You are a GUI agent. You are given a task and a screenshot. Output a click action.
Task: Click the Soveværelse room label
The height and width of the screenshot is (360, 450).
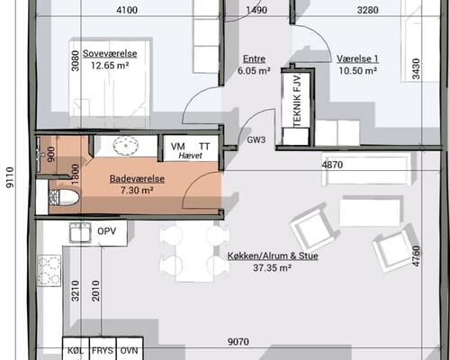click(110, 54)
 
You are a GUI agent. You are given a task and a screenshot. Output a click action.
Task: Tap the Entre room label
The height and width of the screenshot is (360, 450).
click(254, 58)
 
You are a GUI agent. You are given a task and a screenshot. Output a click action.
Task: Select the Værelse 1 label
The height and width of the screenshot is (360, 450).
click(357, 58)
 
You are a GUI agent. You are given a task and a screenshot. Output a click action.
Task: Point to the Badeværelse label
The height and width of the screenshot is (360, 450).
click(137, 179)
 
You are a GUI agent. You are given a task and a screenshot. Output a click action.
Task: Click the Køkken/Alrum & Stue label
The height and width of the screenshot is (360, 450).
click(273, 256)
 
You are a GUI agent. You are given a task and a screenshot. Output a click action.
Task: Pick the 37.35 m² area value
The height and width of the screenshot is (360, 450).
click(273, 267)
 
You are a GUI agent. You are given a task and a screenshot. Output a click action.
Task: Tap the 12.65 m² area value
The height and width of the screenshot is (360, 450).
click(110, 66)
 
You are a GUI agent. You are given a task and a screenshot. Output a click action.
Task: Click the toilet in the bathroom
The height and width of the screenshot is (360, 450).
click(64, 197)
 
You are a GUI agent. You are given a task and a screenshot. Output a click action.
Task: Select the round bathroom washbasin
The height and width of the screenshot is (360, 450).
click(126, 146)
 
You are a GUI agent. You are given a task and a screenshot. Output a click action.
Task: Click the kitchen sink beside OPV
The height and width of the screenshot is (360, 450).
click(80, 232)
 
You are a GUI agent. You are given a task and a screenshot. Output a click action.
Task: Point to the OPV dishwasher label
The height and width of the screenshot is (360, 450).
click(107, 231)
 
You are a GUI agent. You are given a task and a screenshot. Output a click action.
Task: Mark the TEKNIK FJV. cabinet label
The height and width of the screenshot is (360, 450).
click(297, 100)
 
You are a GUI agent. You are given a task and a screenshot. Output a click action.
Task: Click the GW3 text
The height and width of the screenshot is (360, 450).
click(256, 139)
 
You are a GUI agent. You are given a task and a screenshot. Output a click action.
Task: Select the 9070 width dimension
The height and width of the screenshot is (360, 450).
click(238, 342)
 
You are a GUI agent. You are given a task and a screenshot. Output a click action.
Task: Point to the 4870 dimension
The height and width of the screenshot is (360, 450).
click(332, 165)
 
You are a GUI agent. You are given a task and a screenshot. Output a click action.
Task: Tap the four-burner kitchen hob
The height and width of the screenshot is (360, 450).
click(49, 271)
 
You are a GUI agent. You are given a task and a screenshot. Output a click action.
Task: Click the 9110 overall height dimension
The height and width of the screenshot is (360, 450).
click(10, 177)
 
